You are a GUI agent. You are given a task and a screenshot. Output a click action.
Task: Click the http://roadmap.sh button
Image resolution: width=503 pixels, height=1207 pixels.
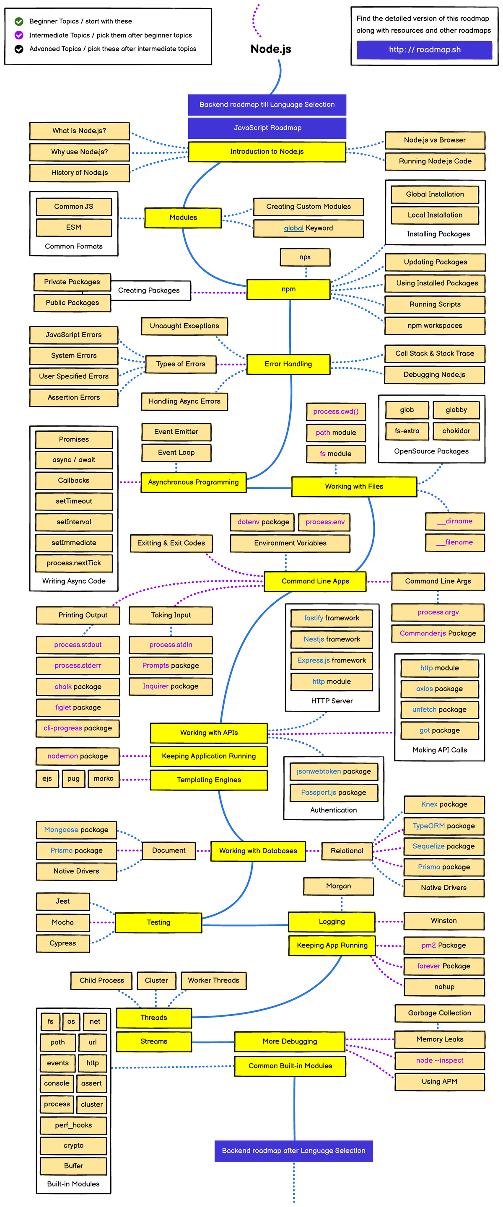[x=424, y=50]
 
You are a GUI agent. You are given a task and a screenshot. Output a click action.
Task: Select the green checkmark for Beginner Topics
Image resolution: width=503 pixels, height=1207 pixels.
[x=19, y=21]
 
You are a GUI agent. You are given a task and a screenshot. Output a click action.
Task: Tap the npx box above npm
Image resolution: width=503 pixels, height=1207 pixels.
[x=305, y=257]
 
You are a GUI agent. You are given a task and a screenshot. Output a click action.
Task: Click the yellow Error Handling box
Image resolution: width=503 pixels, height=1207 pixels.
[x=288, y=364]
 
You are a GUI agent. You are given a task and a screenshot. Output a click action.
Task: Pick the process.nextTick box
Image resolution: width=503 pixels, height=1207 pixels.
[x=74, y=563]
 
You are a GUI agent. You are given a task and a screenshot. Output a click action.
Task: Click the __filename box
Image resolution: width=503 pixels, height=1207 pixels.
[x=454, y=543]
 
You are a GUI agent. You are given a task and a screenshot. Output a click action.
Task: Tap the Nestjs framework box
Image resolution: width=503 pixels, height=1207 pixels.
[x=332, y=639]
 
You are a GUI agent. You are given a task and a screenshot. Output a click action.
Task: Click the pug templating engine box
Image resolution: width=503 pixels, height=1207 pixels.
[x=73, y=779]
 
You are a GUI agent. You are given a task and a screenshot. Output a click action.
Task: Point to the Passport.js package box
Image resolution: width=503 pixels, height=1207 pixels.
[x=333, y=793]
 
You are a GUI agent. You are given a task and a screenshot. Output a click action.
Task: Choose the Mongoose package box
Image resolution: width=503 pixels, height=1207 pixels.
[x=76, y=830]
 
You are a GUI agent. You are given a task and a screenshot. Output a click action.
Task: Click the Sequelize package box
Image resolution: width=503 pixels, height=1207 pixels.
[x=443, y=846]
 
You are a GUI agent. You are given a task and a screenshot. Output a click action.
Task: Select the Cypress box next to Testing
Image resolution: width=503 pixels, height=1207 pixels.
[x=62, y=943]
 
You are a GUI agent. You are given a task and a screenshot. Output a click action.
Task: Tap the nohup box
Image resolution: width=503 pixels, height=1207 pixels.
[x=443, y=987]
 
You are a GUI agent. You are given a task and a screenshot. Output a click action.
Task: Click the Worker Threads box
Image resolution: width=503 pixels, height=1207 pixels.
[x=213, y=980]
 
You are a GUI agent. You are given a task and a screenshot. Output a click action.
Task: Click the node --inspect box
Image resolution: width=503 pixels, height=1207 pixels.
[x=439, y=1060]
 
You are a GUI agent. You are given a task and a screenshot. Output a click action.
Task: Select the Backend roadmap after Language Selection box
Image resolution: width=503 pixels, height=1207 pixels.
[x=293, y=1151]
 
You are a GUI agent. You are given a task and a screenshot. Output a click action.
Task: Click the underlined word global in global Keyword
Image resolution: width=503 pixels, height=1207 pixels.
[x=293, y=228]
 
